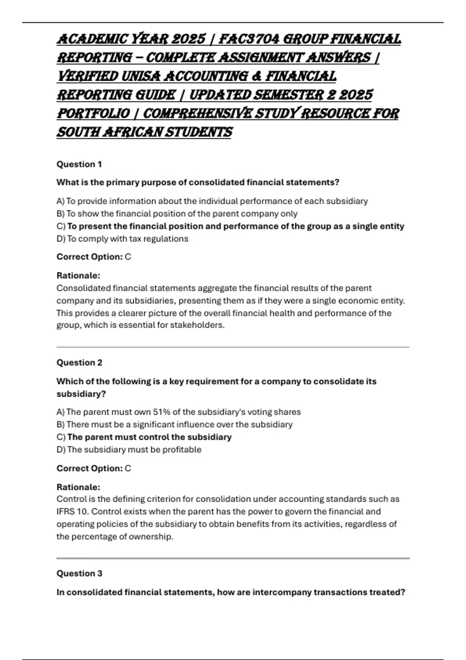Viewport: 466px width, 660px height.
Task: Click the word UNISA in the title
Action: (x=141, y=76)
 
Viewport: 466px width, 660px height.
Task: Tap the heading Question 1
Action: (x=79, y=164)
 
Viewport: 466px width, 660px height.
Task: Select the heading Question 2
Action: (x=79, y=363)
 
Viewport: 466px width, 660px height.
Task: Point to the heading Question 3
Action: (x=79, y=573)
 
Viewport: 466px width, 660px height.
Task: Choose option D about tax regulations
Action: (x=122, y=239)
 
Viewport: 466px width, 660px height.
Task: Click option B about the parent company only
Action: (x=177, y=214)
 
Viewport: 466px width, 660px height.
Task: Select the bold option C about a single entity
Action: (x=230, y=226)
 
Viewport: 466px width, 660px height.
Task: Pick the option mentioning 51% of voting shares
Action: (x=179, y=412)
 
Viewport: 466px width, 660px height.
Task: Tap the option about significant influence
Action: (x=174, y=424)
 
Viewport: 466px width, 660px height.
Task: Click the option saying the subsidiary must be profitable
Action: (x=129, y=450)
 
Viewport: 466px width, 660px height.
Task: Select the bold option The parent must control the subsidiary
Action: (x=144, y=437)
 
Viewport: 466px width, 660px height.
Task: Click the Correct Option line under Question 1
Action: (x=94, y=257)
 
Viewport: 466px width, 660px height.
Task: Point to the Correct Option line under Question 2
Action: (x=94, y=469)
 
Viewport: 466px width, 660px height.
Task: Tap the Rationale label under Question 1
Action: (x=78, y=276)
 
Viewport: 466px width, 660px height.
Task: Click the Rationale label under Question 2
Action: (x=78, y=487)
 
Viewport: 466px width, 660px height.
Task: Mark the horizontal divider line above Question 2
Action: (x=233, y=347)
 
